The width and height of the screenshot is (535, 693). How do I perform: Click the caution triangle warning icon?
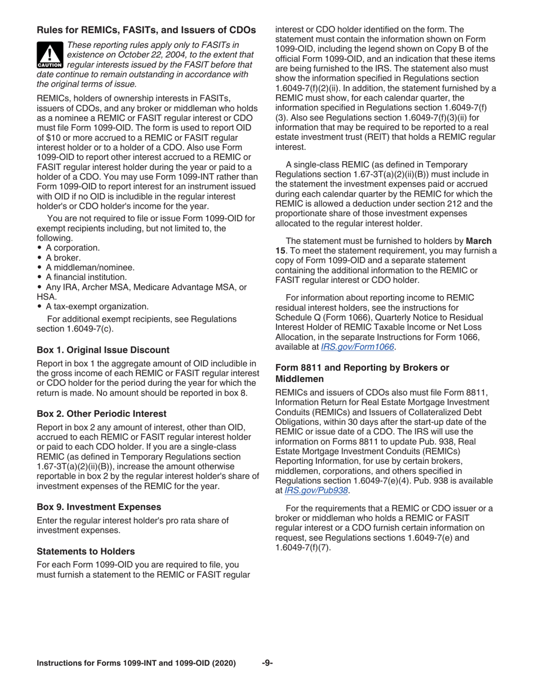(x=50, y=54)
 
